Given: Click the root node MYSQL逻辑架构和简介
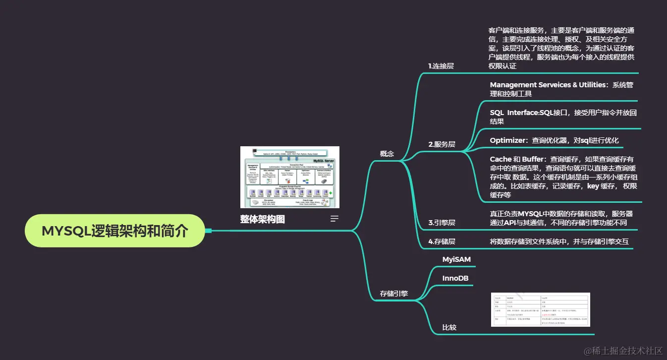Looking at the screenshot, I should [114, 231].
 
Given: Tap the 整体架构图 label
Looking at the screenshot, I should [263, 219].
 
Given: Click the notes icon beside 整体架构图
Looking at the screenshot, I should [335, 219].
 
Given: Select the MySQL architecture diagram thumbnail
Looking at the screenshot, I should [289, 177].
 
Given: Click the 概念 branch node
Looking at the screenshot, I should [387, 154].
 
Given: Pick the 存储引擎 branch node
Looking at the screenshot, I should [394, 293].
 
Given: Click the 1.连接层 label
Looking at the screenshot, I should [441, 65].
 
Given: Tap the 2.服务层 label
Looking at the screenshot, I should [442, 144].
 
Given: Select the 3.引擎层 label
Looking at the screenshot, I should [442, 223].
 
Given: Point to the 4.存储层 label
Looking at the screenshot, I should [442, 241].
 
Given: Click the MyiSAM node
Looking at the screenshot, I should [456, 259].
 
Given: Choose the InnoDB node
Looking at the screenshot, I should [455, 278].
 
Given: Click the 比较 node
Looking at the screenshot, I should [449, 327].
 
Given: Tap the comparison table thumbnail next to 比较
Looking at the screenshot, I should [540, 309].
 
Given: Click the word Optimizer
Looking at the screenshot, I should [507, 140].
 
